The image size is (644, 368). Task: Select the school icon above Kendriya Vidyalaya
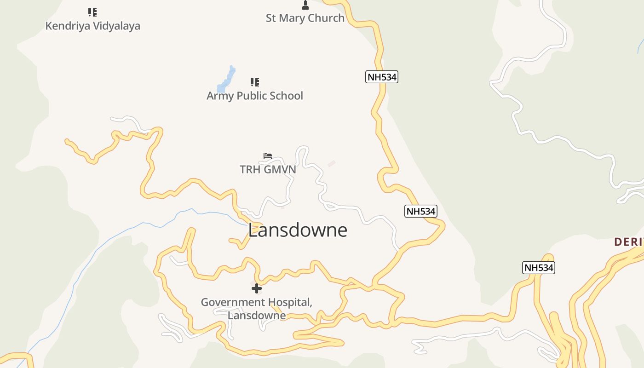pyautogui.click(x=92, y=12)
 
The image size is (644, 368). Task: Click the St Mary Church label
pyautogui.click(x=305, y=18)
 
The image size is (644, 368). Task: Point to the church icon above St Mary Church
pyautogui.click(x=305, y=5)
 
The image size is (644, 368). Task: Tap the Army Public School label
pyautogui.click(x=254, y=96)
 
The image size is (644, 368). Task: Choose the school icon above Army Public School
pyautogui.click(x=254, y=82)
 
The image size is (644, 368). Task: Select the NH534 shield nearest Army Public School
pyautogui.click(x=382, y=77)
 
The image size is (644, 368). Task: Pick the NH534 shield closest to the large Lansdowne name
pyautogui.click(x=420, y=211)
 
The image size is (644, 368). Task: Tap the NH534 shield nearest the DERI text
pyautogui.click(x=539, y=268)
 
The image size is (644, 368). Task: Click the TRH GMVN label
pyautogui.click(x=268, y=169)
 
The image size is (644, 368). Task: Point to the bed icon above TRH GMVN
pyautogui.click(x=268, y=156)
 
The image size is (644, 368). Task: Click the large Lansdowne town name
pyautogui.click(x=298, y=230)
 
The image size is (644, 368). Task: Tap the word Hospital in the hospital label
pyautogui.click(x=290, y=302)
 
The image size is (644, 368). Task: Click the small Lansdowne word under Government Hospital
pyautogui.click(x=257, y=316)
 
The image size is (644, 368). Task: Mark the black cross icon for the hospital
pyautogui.click(x=257, y=288)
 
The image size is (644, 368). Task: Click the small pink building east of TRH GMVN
pyautogui.click(x=331, y=163)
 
